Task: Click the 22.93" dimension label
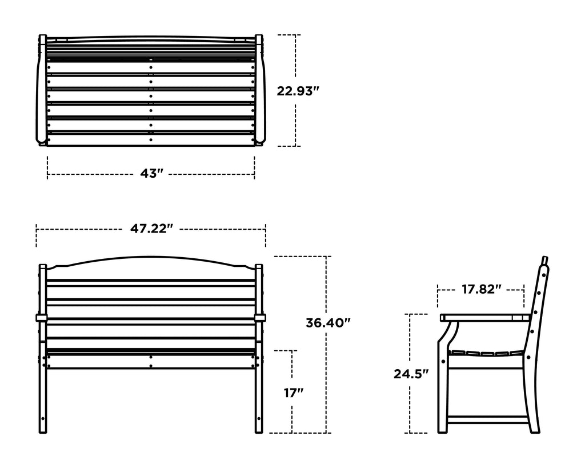click(298, 91)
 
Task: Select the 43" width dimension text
click(152, 173)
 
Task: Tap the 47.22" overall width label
click(151, 229)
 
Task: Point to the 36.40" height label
click(327, 323)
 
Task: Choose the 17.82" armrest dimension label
click(481, 290)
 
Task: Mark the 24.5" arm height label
click(411, 374)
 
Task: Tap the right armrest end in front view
click(261, 317)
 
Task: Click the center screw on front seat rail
click(151, 357)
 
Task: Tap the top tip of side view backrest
click(546, 259)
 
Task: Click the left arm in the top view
click(41, 91)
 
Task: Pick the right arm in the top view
click(261, 91)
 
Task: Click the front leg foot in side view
click(443, 429)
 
